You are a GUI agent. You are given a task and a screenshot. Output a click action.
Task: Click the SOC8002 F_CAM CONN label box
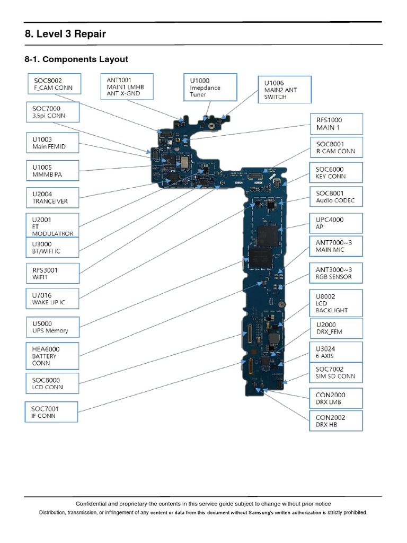click(52, 84)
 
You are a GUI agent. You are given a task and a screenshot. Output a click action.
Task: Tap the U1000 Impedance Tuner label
click(210, 87)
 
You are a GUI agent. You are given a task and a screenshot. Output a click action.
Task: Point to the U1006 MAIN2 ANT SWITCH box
click(285, 90)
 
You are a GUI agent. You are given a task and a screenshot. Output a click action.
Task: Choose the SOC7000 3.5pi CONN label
click(52, 112)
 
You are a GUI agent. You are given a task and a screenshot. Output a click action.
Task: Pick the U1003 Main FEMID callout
click(52, 143)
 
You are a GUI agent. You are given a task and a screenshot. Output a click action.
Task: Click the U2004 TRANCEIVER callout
click(52, 198)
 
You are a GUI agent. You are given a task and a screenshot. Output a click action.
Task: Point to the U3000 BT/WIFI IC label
click(52, 247)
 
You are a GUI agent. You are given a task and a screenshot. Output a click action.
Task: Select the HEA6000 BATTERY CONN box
click(52, 356)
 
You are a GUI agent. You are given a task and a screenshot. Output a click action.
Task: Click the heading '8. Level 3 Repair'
click(65, 34)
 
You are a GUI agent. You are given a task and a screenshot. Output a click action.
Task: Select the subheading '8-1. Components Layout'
click(76, 59)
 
